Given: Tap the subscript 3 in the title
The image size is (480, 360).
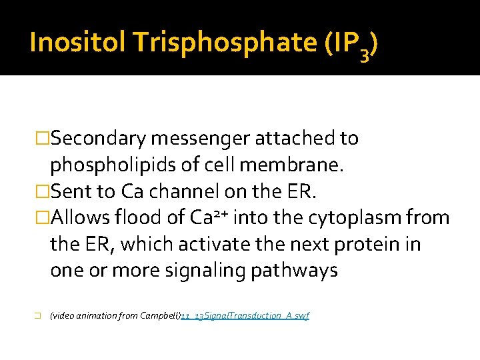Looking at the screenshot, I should pyautogui.click(x=363, y=53).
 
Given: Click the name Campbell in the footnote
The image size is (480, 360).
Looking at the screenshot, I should pyautogui.click(x=160, y=315).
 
